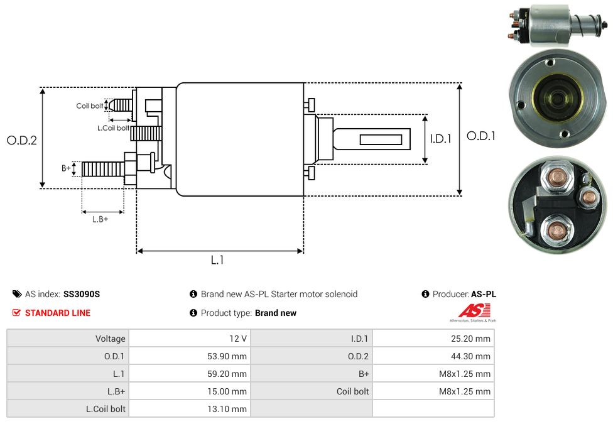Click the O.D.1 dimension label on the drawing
481,136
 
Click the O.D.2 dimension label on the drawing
22,141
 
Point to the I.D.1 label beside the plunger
440,139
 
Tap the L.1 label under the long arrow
217,260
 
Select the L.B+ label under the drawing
100,219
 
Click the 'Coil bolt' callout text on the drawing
90,106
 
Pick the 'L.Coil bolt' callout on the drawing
113,128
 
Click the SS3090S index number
82,294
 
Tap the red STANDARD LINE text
58,313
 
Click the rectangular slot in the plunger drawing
381,139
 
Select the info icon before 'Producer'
426,294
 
